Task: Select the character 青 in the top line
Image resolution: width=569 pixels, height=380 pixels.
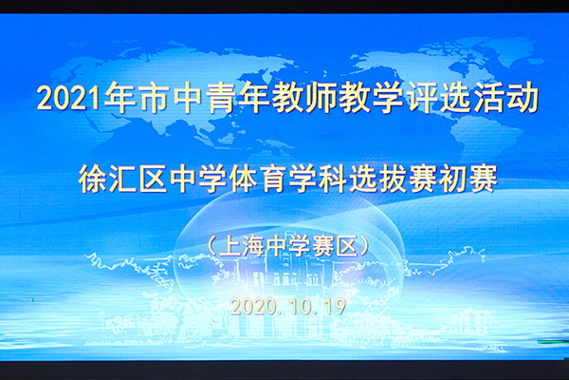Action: tap(221, 98)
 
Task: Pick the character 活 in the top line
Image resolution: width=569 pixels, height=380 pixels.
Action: tap(489, 98)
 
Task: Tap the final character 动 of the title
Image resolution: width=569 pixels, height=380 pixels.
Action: tap(523, 98)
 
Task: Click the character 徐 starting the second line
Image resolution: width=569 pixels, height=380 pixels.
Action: tap(93, 179)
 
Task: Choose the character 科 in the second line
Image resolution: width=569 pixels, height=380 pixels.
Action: tap(334, 179)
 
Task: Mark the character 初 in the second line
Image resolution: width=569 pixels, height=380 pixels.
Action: tap(453, 179)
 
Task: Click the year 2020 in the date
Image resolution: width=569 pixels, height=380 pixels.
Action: tap(253, 307)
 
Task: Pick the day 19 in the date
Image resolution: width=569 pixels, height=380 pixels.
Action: tap(335, 307)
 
